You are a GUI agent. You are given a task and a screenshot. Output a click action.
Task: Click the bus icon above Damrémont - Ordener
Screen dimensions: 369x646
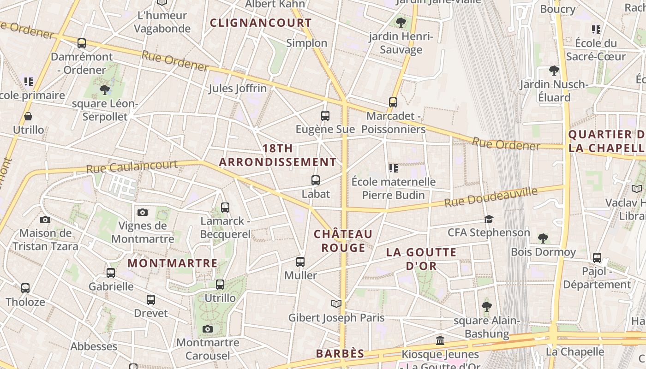pyautogui.click(x=82, y=43)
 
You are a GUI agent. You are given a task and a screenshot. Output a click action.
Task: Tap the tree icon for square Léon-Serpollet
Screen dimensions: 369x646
pyautogui.click(x=105, y=90)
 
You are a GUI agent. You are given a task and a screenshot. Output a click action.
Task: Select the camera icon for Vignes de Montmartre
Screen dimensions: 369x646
pyautogui.click(x=143, y=212)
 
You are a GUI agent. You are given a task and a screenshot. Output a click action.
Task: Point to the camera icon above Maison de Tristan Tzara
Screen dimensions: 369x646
pyautogui.click(x=45, y=220)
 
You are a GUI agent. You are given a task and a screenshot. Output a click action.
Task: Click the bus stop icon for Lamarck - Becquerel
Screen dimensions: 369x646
pyautogui.click(x=225, y=208)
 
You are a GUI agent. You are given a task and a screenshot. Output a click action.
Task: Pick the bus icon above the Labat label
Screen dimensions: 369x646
pyautogui.click(x=316, y=180)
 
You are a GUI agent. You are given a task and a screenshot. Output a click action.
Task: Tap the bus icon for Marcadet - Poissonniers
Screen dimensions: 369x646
pyautogui.click(x=393, y=102)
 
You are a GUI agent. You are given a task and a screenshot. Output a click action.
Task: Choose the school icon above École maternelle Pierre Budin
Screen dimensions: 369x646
pyautogui.click(x=393, y=168)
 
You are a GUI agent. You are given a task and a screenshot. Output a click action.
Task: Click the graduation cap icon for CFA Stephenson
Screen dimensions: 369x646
pyautogui.click(x=489, y=219)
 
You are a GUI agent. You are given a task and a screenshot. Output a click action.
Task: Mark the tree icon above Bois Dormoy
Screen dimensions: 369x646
pyautogui.click(x=543, y=238)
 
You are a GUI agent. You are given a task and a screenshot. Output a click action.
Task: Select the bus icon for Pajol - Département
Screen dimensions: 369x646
pyautogui.click(x=597, y=258)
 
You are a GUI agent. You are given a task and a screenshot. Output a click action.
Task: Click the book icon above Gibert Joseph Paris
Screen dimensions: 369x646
pyautogui.click(x=336, y=304)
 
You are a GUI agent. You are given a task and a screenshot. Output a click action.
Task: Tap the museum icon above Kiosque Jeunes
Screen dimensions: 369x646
pyautogui.click(x=440, y=341)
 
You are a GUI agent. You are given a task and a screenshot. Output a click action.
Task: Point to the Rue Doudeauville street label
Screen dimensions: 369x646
pyautogui.click(x=491, y=197)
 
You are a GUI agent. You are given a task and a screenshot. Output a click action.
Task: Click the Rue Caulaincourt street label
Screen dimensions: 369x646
pyautogui.click(x=132, y=166)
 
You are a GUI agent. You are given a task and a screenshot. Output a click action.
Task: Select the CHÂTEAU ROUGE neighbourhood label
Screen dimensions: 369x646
pyautogui.click(x=343, y=241)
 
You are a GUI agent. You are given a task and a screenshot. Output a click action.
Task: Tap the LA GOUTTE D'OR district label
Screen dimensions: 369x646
pyautogui.click(x=421, y=259)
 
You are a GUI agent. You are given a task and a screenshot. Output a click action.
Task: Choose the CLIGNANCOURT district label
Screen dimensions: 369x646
pyautogui.click(x=261, y=23)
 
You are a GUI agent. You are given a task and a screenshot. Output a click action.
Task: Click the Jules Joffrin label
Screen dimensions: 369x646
pyautogui.click(x=238, y=88)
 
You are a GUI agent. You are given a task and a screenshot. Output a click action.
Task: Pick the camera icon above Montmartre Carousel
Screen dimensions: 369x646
pyautogui.click(x=208, y=329)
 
